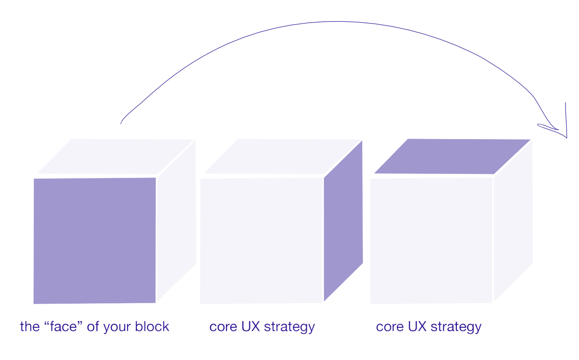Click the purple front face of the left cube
pos(94,241)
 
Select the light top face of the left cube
pos(116,156)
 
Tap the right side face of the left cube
pos(177,221)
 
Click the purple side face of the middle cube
pos(343,221)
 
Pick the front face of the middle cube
pos(262,241)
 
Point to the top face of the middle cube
pos(283,156)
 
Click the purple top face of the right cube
pos(452,156)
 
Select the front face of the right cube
pos(431,241)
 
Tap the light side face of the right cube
pos(514,221)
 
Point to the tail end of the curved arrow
pos(121,124)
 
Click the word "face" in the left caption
pos(63,326)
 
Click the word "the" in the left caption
pos(30,326)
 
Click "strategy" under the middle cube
pos(289,327)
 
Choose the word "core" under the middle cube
pos(223,327)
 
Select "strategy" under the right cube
pos(456,327)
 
